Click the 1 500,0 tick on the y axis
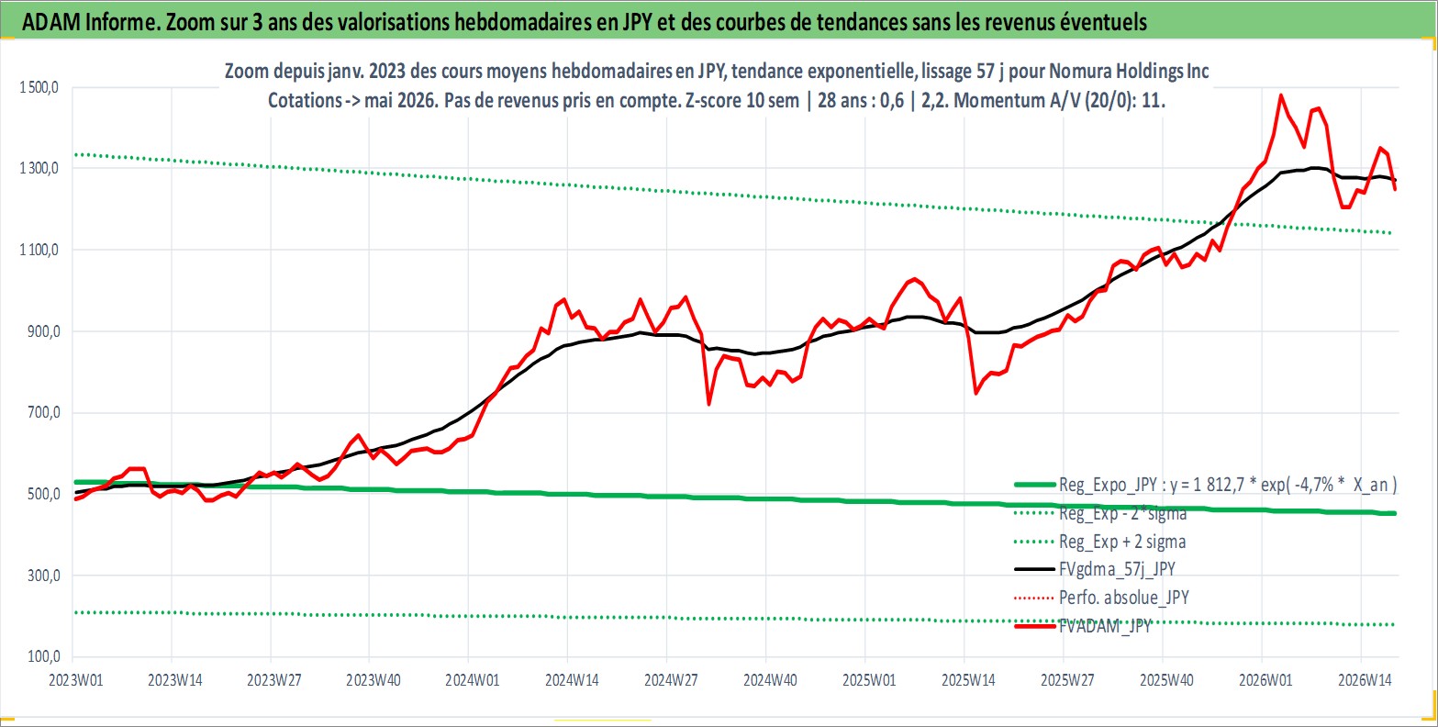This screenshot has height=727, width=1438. click(39, 87)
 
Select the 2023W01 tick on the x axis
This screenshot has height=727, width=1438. click(76, 680)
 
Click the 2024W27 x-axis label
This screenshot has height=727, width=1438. click(671, 680)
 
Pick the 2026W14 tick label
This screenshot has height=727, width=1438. click(1365, 680)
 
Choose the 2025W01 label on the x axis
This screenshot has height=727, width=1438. click(869, 680)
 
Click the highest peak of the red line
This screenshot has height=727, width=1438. click(1281, 95)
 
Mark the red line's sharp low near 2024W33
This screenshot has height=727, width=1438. click(708, 404)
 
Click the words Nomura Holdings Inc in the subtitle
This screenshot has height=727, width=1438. click(1129, 71)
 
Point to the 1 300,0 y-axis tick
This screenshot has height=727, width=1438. click(39, 168)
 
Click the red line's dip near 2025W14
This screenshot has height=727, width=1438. click(975, 393)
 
